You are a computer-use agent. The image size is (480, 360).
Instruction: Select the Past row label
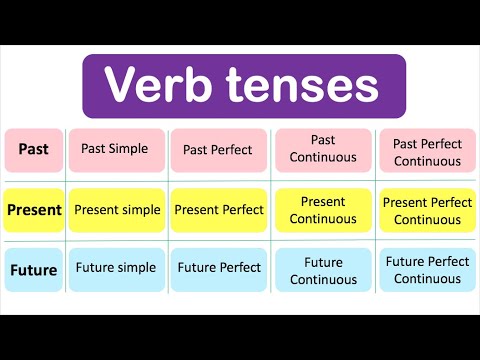[34, 150]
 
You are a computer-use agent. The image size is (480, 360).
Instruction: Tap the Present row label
[34, 210]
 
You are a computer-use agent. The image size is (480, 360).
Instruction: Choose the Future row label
[34, 269]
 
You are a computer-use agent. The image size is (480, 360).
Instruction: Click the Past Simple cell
[116, 150]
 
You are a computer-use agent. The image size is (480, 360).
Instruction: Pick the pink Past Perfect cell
[219, 151]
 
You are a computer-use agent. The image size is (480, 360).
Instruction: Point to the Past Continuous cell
[323, 150]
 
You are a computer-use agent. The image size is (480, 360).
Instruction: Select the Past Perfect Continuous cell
[427, 151]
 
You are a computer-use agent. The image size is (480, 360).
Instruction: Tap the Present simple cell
[116, 210]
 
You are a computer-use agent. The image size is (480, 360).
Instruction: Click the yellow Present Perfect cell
[219, 210]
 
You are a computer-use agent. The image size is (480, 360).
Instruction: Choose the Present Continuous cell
[323, 210]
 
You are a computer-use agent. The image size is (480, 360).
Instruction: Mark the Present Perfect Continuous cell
[427, 210]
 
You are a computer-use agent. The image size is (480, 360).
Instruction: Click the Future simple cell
[116, 268]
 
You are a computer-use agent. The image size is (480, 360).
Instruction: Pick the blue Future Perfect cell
[219, 268]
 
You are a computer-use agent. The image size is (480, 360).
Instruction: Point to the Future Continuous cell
[323, 270]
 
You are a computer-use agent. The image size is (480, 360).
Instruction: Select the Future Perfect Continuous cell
[427, 270]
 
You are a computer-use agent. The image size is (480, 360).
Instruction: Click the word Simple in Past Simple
[129, 150]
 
